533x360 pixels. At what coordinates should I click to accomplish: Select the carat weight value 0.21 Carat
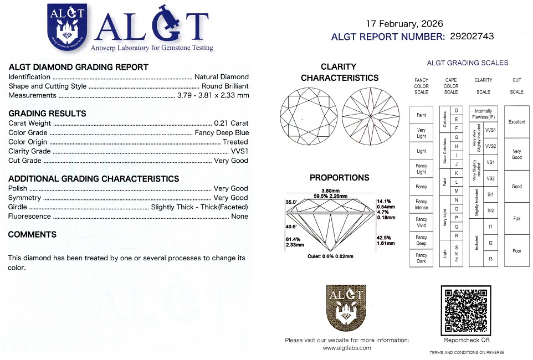pos(232,123)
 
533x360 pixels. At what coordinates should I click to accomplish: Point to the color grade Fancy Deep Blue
pos(222,132)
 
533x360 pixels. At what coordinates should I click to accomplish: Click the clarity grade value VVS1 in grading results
pos(239,151)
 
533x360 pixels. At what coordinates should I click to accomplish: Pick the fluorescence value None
pos(240,216)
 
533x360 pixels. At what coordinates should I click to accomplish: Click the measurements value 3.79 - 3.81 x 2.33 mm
pos(213,95)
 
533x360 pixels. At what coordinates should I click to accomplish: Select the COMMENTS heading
pos(32,235)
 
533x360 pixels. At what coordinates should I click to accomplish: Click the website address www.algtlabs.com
pos(347,348)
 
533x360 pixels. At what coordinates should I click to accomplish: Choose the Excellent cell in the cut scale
pos(516,122)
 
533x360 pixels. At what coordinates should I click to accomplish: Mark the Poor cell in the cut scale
pos(516,251)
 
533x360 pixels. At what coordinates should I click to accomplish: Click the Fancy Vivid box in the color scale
pos(421,222)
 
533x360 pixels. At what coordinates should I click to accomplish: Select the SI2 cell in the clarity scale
pos(490,210)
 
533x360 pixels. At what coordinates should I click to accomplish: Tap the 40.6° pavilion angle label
pos(291,227)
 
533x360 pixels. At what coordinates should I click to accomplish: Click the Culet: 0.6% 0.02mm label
pos(330,256)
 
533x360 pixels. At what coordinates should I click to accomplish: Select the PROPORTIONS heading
pos(339,178)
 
